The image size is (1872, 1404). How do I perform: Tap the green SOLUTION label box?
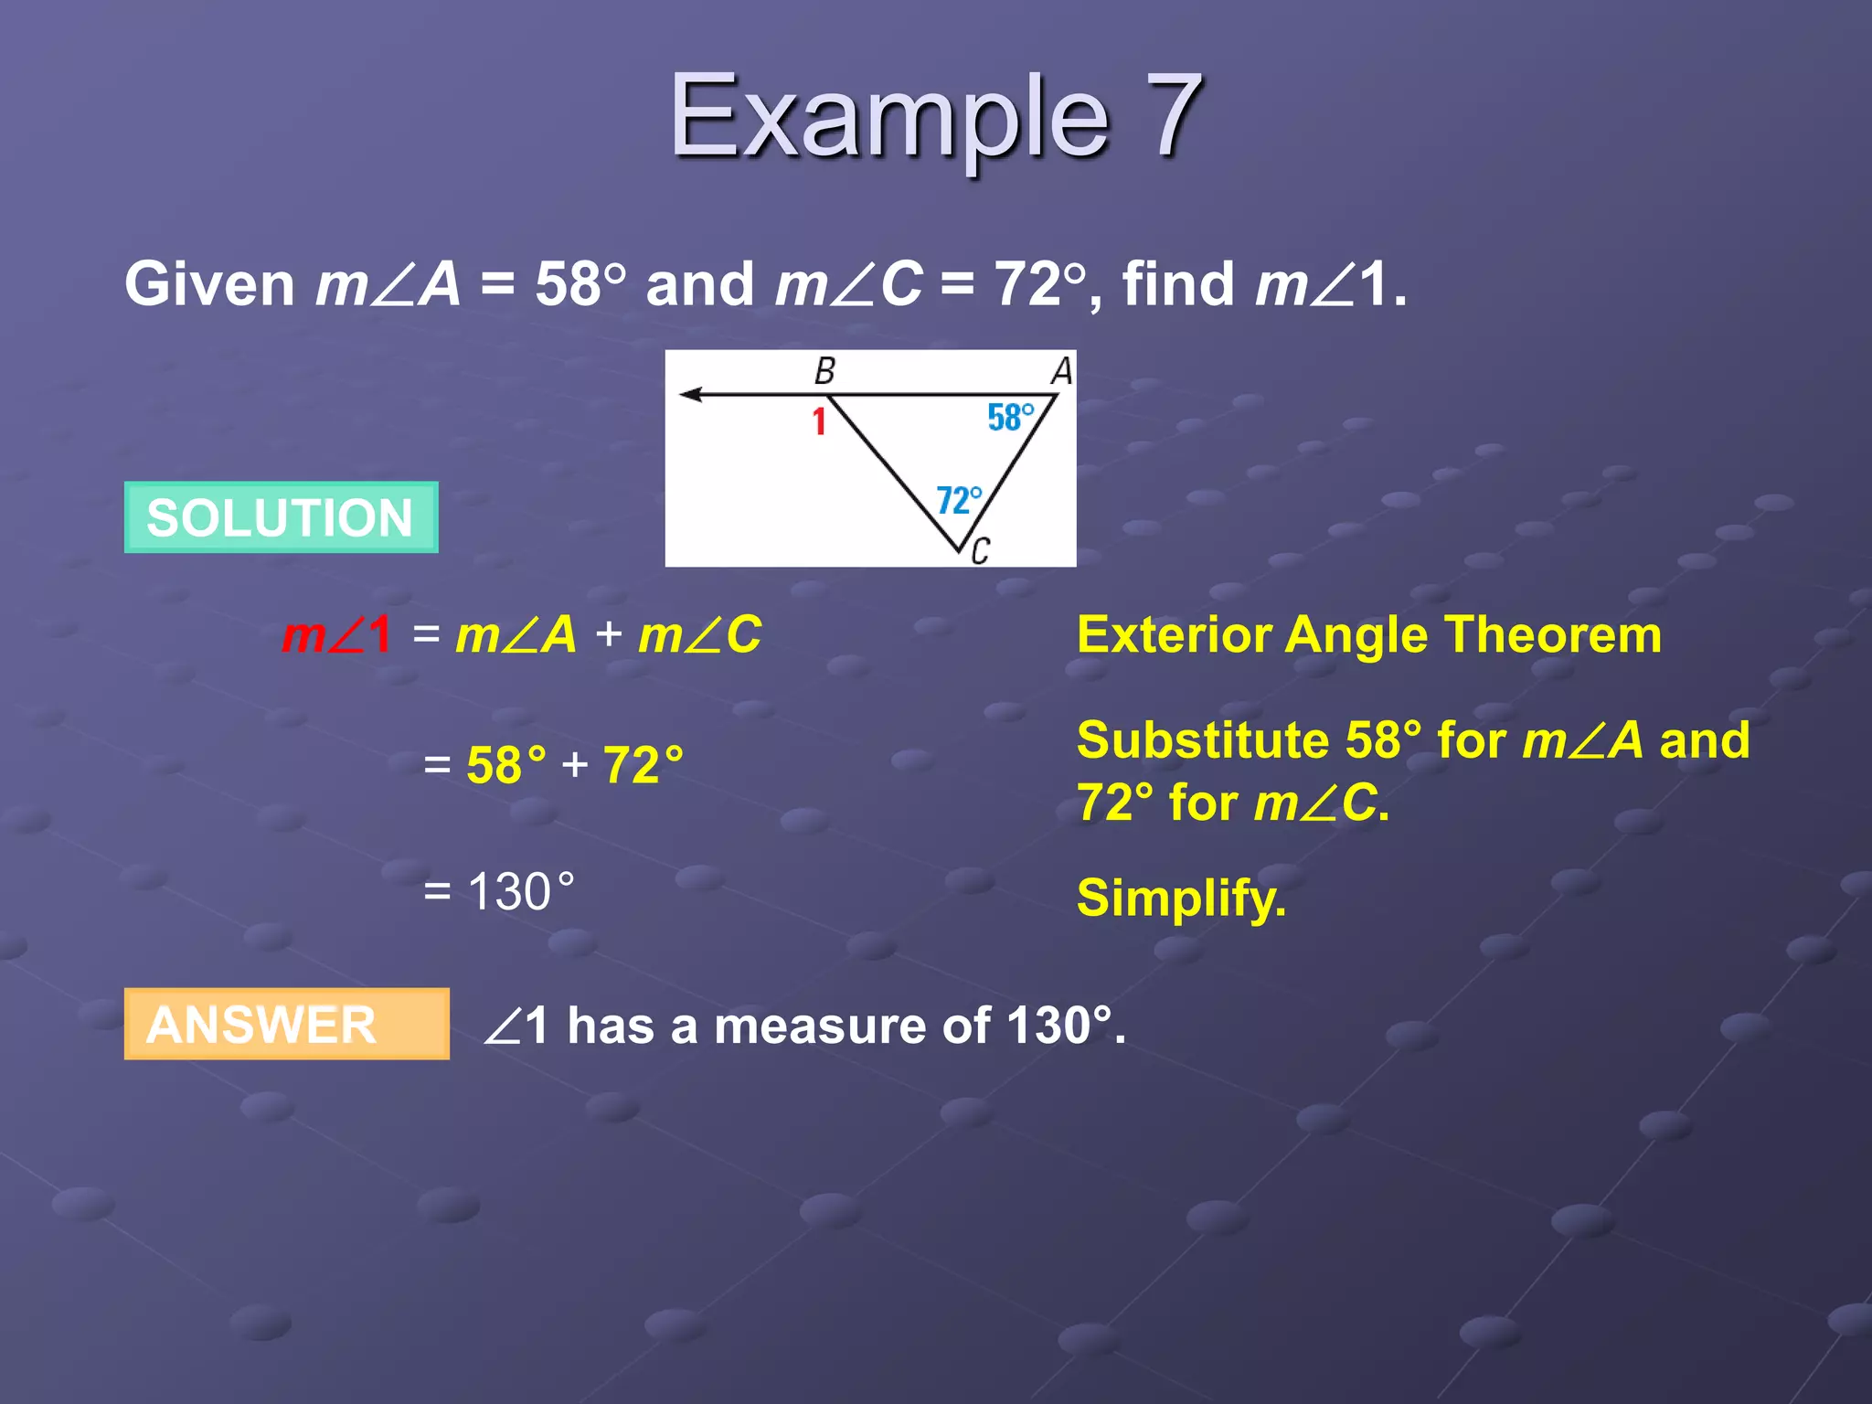(281, 517)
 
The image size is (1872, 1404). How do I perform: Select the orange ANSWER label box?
(286, 1024)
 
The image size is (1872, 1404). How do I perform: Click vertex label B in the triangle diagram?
(824, 371)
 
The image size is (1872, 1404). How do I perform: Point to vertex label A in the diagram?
(1061, 371)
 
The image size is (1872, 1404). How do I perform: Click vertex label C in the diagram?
(980, 551)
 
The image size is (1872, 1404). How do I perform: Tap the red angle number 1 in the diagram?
(819, 421)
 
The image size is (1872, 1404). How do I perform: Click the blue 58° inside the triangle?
(1010, 418)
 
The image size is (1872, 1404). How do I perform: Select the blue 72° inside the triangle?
(959, 500)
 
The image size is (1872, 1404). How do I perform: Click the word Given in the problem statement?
(209, 284)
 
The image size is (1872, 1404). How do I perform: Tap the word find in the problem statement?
(1177, 284)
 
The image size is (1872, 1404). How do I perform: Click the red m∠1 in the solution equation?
(336, 634)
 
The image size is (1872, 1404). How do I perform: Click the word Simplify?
(1181, 898)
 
